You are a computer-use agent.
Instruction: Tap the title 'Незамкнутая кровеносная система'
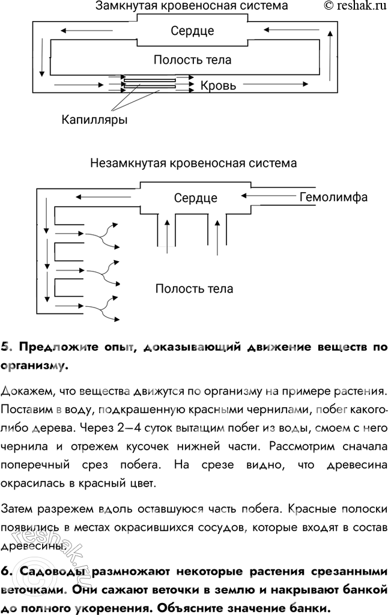click(x=193, y=163)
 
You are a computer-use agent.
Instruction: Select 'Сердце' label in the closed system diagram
click(x=192, y=31)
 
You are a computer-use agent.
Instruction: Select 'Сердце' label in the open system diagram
click(x=196, y=198)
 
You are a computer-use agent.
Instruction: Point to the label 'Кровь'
click(x=218, y=86)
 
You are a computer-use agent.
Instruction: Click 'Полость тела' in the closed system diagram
click(x=192, y=60)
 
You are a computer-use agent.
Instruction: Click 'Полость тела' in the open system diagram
click(x=194, y=289)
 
